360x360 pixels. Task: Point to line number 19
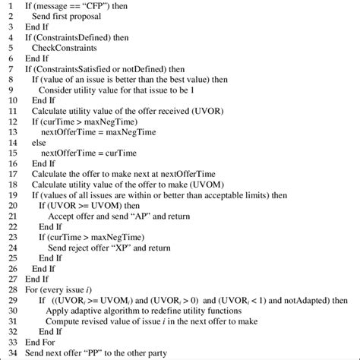click(x=8, y=192)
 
